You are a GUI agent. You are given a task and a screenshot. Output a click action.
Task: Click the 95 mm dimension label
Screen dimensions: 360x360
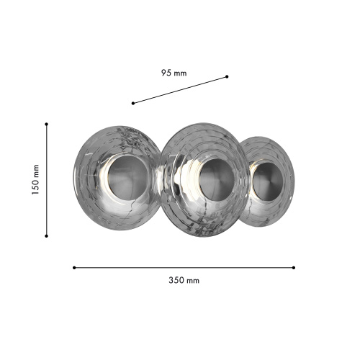174,73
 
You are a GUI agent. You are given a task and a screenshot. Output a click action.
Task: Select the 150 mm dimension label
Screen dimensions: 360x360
35,180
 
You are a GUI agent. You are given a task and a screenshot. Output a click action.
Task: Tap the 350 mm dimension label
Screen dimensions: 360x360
184,280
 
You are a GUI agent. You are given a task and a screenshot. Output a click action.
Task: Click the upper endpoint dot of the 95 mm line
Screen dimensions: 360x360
227,76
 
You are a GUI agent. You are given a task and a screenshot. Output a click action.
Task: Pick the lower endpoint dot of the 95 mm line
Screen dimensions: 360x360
133,103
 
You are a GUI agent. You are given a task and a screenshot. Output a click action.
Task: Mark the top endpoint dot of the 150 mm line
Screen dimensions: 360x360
47,124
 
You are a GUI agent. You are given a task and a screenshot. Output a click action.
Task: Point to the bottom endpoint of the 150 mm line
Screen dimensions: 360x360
47,236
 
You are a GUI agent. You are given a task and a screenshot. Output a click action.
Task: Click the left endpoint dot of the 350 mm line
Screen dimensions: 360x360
74,268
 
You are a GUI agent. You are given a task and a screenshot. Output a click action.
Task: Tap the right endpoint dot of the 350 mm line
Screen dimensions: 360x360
294,268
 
